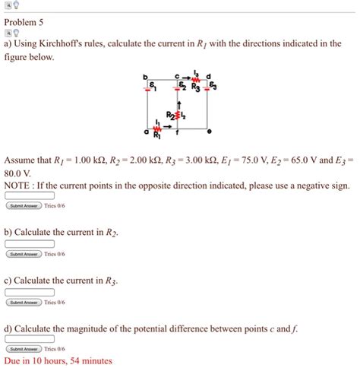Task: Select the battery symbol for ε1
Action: (x=151, y=87)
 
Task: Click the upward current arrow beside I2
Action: (x=180, y=105)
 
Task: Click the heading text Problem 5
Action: (x=26, y=22)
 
